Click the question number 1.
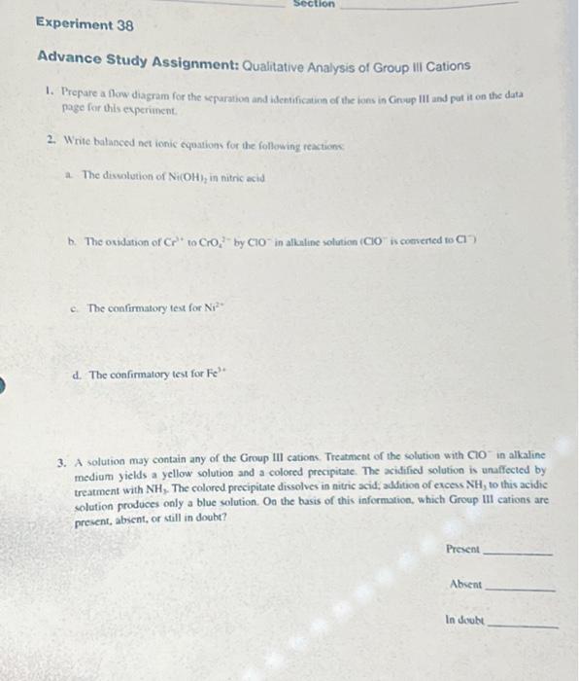coord(48,90)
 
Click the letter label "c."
coord(77,308)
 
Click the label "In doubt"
coord(464,620)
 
